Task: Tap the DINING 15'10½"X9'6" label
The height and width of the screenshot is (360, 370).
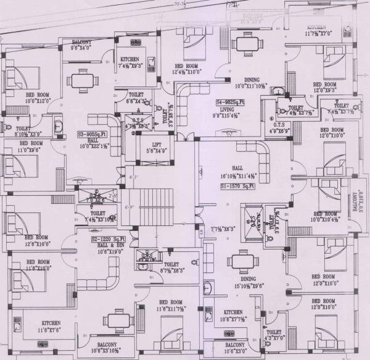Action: (251, 283)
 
